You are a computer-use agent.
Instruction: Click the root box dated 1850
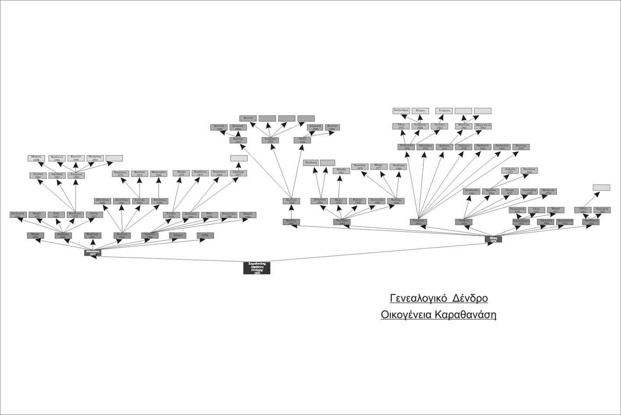(x=256, y=268)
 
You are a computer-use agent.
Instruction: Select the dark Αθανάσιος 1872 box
(x=93, y=252)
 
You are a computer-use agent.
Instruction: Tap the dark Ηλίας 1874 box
(x=493, y=239)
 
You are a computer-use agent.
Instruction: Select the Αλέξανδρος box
(x=401, y=111)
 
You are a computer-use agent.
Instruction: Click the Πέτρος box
(x=420, y=111)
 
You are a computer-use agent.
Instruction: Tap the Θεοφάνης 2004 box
(x=95, y=158)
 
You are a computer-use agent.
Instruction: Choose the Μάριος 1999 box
(x=36, y=158)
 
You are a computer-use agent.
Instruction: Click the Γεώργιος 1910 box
(x=419, y=222)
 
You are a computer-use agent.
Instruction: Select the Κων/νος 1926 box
(x=291, y=201)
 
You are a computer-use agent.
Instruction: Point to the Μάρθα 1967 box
(x=341, y=171)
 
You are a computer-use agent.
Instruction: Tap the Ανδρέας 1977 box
(x=510, y=170)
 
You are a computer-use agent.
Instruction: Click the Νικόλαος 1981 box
(x=529, y=170)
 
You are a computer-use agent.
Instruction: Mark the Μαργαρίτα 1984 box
(x=159, y=174)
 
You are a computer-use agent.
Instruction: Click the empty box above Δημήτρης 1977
(x=239, y=158)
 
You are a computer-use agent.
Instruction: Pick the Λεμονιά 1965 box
(x=38, y=175)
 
